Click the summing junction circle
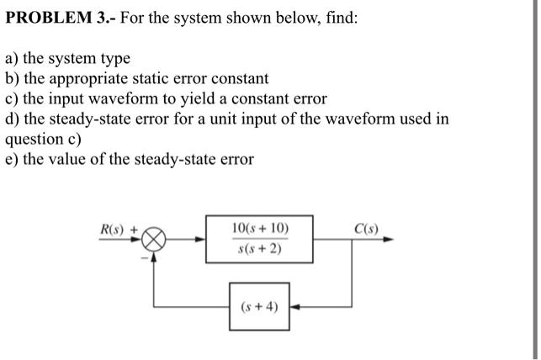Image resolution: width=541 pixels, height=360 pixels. pyautogui.click(x=155, y=239)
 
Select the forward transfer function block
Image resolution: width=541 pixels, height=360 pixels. pyautogui.click(x=259, y=239)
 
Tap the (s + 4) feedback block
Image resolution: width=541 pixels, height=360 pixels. pyautogui.click(x=259, y=306)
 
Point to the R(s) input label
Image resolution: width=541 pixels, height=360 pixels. pyautogui.click(x=112, y=230)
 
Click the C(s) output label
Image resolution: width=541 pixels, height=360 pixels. pyautogui.click(x=368, y=229)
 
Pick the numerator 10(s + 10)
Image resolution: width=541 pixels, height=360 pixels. pyautogui.click(x=259, y=229)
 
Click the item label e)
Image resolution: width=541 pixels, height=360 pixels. pyautogui.click(x=12, y=160)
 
